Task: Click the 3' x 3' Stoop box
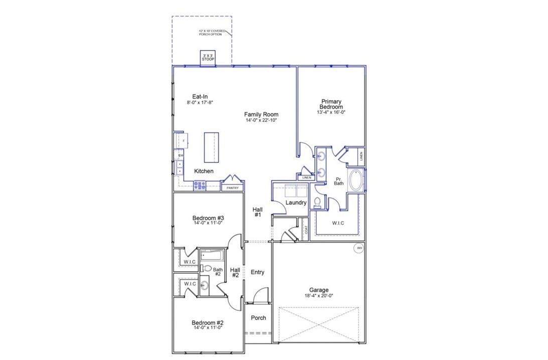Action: click(208, 57)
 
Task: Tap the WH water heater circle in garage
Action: click(359, 248)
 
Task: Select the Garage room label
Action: click(319, 290)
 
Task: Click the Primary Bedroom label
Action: click(332, 104)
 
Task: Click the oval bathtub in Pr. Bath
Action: click(356, 181)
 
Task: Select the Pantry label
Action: click(232, 188)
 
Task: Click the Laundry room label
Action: click(296, 203)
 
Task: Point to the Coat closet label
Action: click(306, 230)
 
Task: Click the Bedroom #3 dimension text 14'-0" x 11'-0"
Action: click(208, 224)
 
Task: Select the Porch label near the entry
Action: click(258, 318)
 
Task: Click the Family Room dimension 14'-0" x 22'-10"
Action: click(261, 120)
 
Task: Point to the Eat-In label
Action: click(200, 96)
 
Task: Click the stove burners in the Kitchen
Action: click(200, 185)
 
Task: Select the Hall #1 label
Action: click(257, 212)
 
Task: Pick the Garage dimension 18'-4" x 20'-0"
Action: click(319, 296)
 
